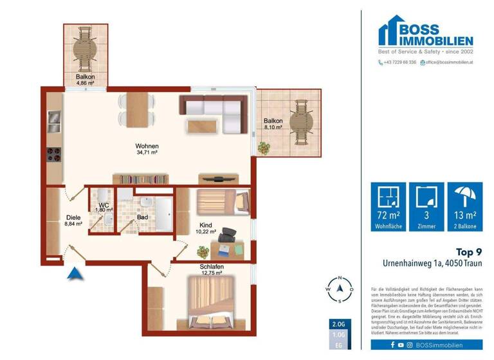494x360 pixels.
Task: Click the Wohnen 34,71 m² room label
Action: pyautogui.click(x=147, y=150)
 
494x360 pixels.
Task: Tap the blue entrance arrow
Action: pyautogui.click(x=75, y=274)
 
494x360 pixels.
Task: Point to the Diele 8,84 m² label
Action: pyautogui.click(x=73, y=221)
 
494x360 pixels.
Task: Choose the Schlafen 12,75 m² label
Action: pyautogui.click(x=211, y=269)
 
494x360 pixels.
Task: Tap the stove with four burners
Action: pyautogui.click(x=54, y=156)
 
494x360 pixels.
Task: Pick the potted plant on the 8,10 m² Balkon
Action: pyautogui.click(x=263, y=147)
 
